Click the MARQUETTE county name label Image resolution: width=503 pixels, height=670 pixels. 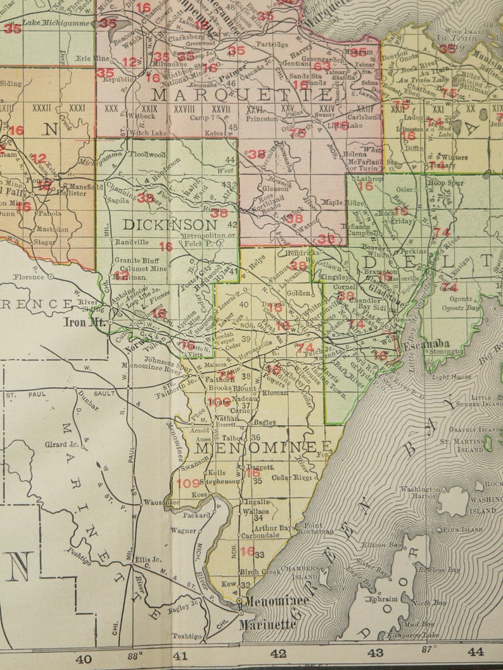click(242, 96)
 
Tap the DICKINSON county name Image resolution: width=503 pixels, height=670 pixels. click(170, 225)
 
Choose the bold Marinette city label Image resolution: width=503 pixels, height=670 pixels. click(267, 624)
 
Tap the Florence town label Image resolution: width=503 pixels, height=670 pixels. click(29, 277)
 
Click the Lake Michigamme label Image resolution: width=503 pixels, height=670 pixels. click(56, 23)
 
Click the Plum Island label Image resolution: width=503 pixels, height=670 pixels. click(460, 529)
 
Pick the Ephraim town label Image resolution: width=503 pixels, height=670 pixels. click(383, 599)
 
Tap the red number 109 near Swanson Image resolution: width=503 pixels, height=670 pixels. click(189, 483)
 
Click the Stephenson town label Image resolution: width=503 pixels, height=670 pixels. click(221, 481)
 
